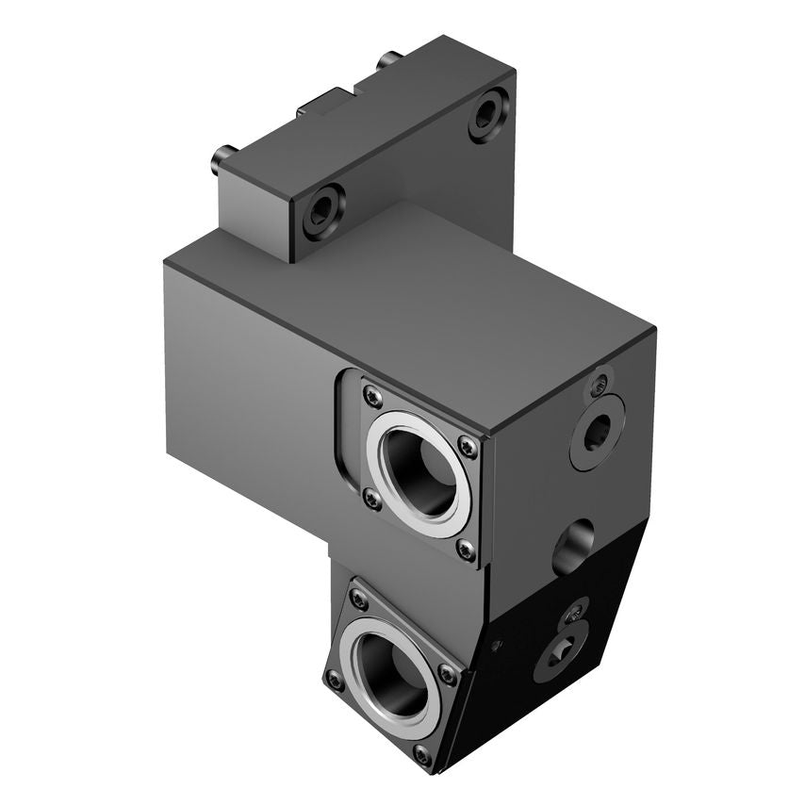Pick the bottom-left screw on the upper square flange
pyautogui.click(x=371, y=500)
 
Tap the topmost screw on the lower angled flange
pyautogui.click(x=358, y=598)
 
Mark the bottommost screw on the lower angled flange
pyautogui.click(x=421, y=755)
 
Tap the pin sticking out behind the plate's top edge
pyautogui.click(x=386, y=62)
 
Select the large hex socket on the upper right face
pyautogui.click(x=597, y=432)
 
